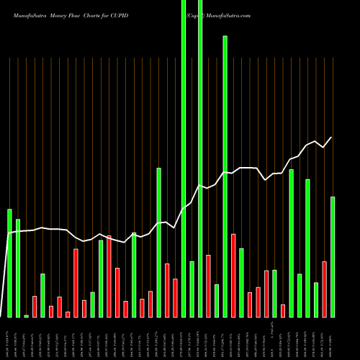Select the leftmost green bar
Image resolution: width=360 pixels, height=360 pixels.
9,263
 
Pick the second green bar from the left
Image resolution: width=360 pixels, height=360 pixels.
18,268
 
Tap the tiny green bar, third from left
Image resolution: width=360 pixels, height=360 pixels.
27,315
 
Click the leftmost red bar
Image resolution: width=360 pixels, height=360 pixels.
35,306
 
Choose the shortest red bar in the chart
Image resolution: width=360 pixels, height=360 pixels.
68,314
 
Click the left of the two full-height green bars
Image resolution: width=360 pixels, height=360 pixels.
184,158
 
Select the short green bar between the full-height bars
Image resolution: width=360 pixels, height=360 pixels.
192,289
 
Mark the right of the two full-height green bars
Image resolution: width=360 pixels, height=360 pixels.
200,158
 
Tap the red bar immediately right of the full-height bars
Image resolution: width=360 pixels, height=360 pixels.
208,286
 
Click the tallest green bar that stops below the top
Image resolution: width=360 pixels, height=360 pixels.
225,176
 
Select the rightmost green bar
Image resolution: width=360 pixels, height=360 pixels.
333,256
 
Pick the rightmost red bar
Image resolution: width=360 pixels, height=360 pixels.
325,289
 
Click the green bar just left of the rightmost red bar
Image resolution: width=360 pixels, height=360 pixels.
316,300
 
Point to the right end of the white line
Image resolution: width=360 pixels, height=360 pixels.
332,137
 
